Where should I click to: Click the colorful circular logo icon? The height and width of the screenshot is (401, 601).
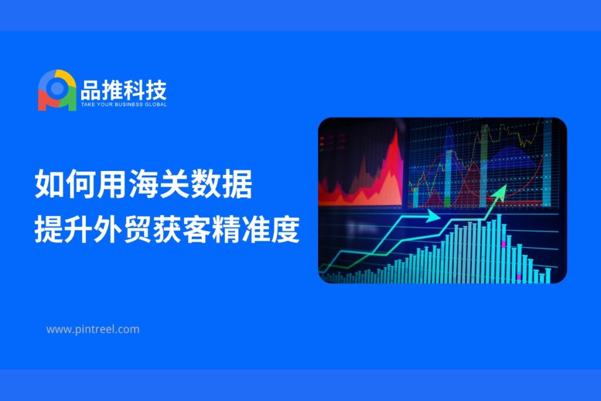point(57,90)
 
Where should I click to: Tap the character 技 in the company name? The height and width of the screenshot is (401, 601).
point(156,90)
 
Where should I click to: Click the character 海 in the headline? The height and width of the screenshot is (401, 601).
point(143,184)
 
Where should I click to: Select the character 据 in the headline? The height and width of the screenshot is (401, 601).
point(237,184)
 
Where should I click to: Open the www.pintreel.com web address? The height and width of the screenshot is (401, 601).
point(93,329)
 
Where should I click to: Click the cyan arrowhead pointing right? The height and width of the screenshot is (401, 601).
point(434,216)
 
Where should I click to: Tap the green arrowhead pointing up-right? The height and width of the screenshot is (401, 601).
point(500,191)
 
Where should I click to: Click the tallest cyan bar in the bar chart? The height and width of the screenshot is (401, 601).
point(499,249)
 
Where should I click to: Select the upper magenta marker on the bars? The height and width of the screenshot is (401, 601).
point(503,244)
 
